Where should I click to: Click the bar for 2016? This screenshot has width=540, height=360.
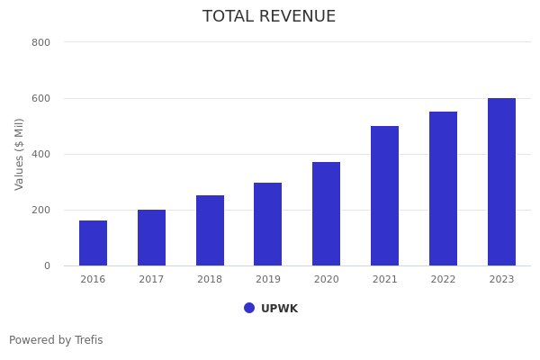pos(93,243)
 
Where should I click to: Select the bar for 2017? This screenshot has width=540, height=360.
pos(151,238)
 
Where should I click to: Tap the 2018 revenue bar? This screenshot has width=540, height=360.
pos(210,230)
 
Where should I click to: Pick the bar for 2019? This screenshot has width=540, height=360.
pos(268,224)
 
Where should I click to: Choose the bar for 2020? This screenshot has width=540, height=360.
pos(327,214)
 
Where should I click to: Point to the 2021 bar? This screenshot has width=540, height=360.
pos(384,196)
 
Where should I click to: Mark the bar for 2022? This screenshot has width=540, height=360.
pos(443,189)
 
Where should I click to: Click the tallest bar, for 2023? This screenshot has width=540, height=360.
pos(501,182)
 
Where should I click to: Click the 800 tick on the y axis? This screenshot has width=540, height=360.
pos(40,42)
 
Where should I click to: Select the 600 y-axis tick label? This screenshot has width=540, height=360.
pos(40,98)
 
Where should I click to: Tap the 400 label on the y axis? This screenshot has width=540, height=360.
pos(40,154)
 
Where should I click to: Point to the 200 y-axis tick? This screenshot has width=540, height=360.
pos(40,210)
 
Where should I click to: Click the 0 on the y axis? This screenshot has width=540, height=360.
pos(46,265)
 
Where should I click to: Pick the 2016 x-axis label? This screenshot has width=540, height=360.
pos(93,280)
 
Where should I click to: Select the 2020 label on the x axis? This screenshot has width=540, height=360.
pos(327,280)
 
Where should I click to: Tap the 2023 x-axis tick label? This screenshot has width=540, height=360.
pos(501,280)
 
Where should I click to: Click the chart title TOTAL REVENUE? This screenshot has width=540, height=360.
pos(269,17)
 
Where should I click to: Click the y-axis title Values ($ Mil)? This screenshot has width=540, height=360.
pos(20,154)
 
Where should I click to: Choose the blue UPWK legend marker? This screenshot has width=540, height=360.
pos(249,308)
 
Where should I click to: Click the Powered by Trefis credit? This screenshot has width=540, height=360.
pos(56,340)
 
